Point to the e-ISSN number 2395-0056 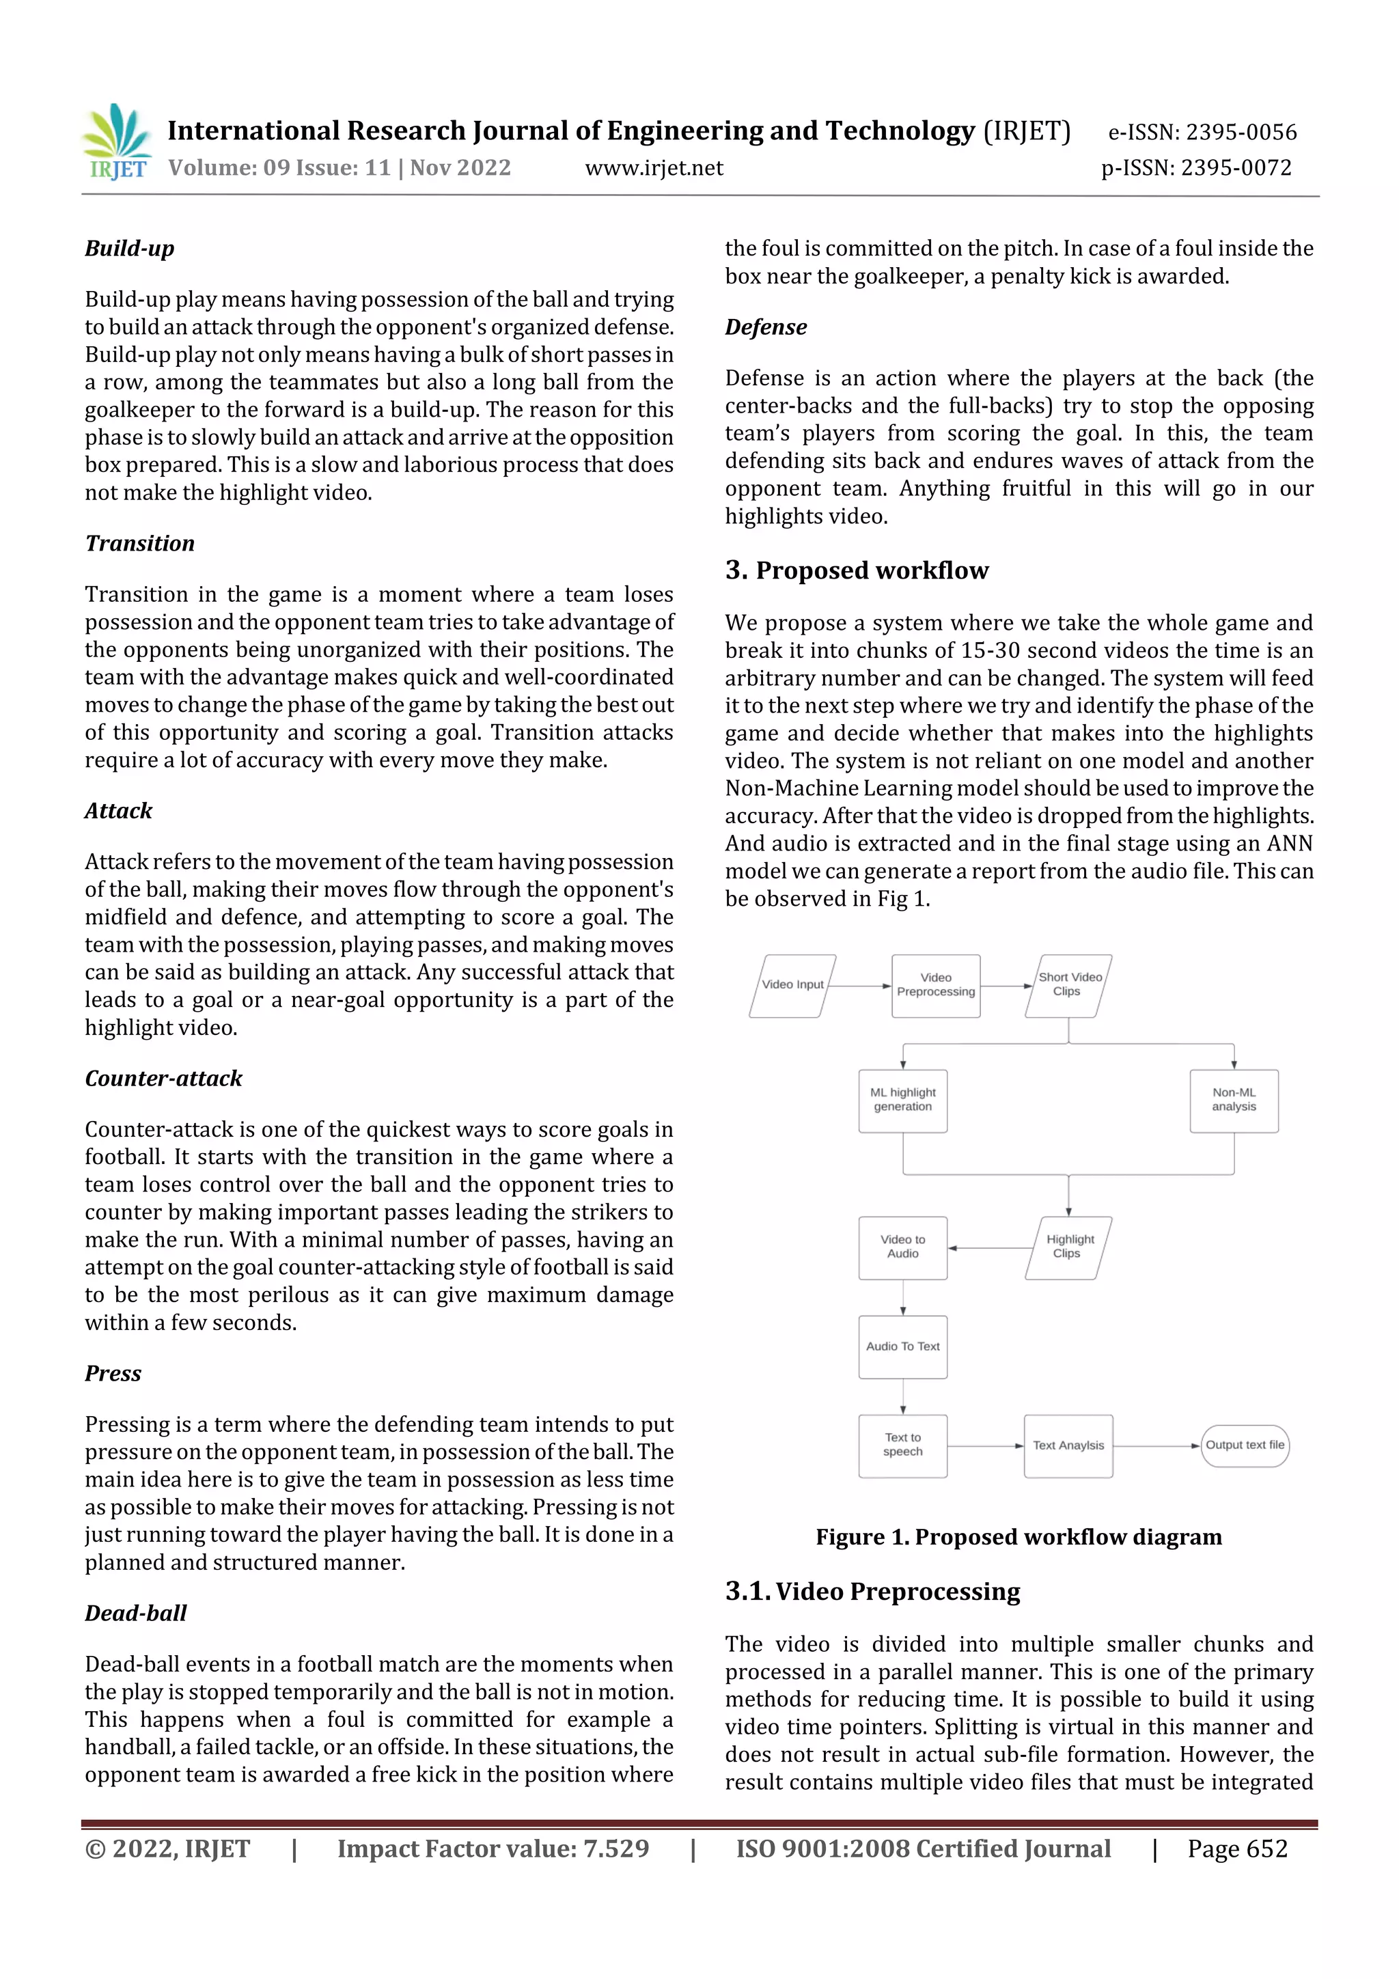(1241, 133)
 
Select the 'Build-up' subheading (129, 249)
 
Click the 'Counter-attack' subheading (163, 1078)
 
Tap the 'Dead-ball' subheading (135, 1613)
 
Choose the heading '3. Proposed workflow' (856, 570)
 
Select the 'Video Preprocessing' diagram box (935, 985)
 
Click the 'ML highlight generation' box (902, 1100)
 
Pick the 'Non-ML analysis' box (1234, 1100)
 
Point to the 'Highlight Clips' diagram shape (1069, 1247)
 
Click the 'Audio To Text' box (902, 1346)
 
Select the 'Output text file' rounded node (1244, 1445)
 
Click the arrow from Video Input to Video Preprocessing (858, 986)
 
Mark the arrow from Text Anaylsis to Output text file (1156, 1445)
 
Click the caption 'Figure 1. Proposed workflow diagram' (1018, 1537)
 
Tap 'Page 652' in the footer (1237, 1848)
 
